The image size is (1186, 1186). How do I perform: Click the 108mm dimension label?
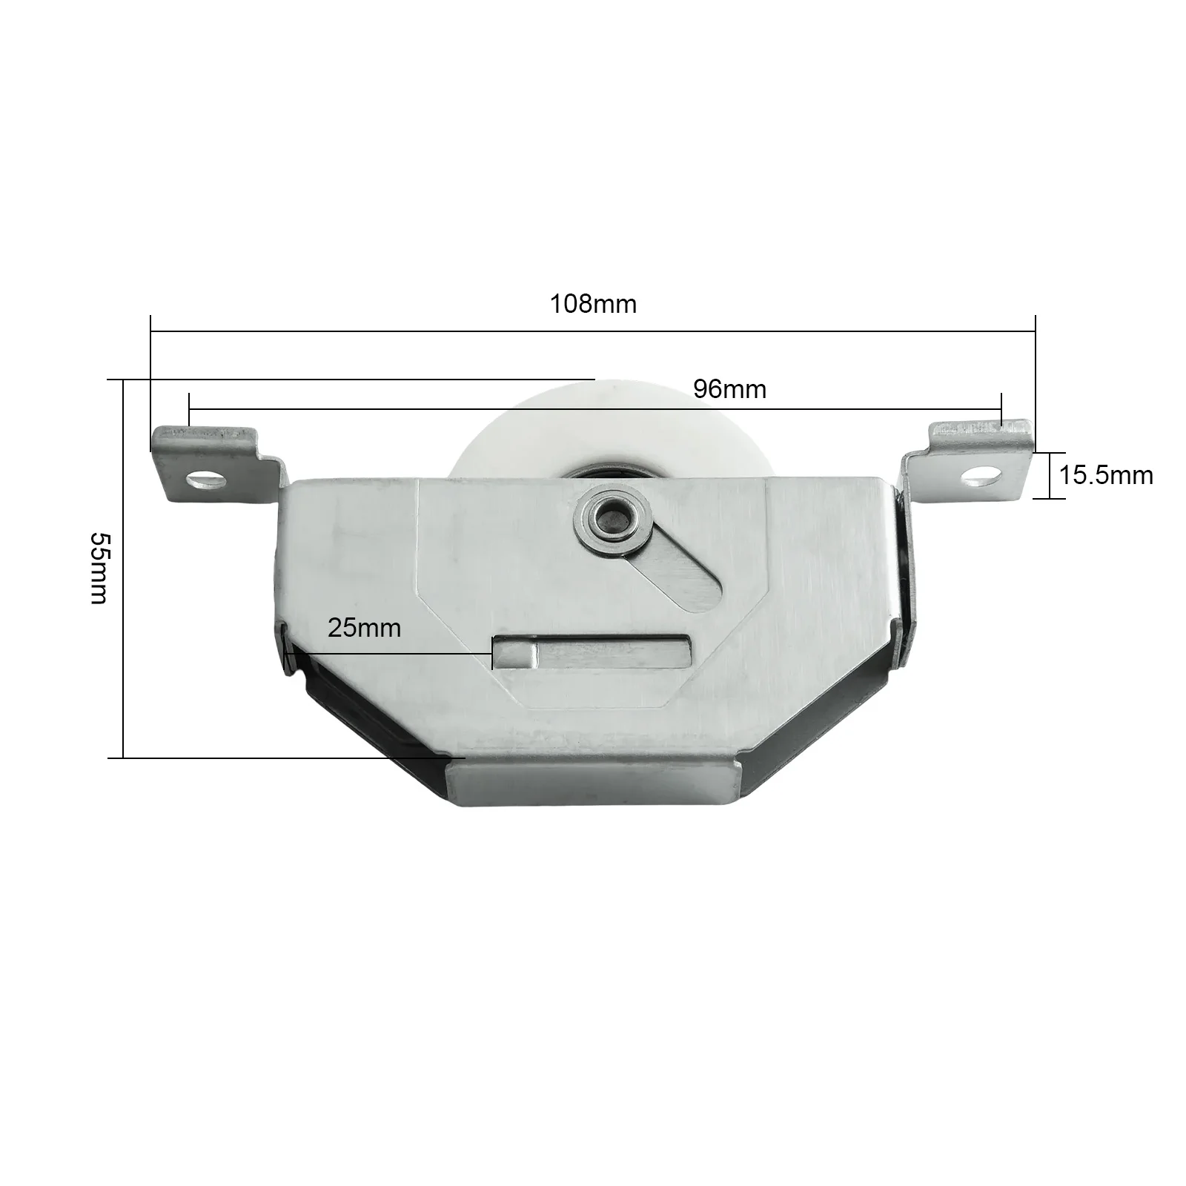coord(592,304)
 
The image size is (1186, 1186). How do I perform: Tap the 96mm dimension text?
coord(729,389)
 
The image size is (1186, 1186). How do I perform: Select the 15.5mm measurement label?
coord(1105,475)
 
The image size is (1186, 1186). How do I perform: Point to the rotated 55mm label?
coord(99,568)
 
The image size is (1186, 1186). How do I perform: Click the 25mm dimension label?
coord(364,628)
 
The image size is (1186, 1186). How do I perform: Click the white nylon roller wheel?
coord(519,437)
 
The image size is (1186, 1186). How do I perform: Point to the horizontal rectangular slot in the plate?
coord(593,652)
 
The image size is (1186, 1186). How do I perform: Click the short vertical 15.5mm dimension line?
coord(1050,475)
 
